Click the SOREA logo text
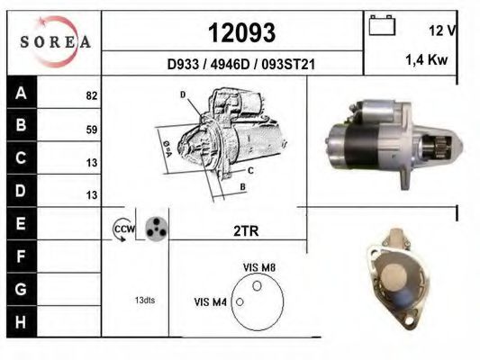56,42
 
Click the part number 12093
242,32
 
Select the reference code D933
183,65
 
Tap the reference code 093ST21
288,65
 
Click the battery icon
382,25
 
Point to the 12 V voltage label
442,31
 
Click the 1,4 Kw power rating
427,59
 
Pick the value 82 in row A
92,95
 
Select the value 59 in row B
92,130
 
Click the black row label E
21,223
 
